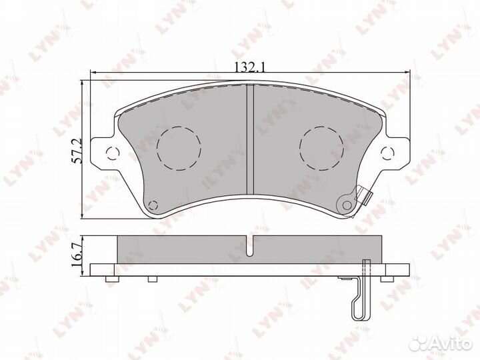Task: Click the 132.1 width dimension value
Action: (x=249, y=67)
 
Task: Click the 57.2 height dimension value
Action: (x=77, y=150)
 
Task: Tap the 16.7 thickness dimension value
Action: (x=77, y=254)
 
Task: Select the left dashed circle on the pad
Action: (x=179, y=148)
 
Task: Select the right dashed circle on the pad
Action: (x=322, y=148)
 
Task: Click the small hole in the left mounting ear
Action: (x=113, y=153)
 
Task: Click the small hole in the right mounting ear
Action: (x=388, y=153)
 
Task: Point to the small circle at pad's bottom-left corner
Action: (x=153, y=205)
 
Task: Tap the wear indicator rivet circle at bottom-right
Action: (x=347, y=205)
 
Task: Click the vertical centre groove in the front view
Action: (x=251, y=139)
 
